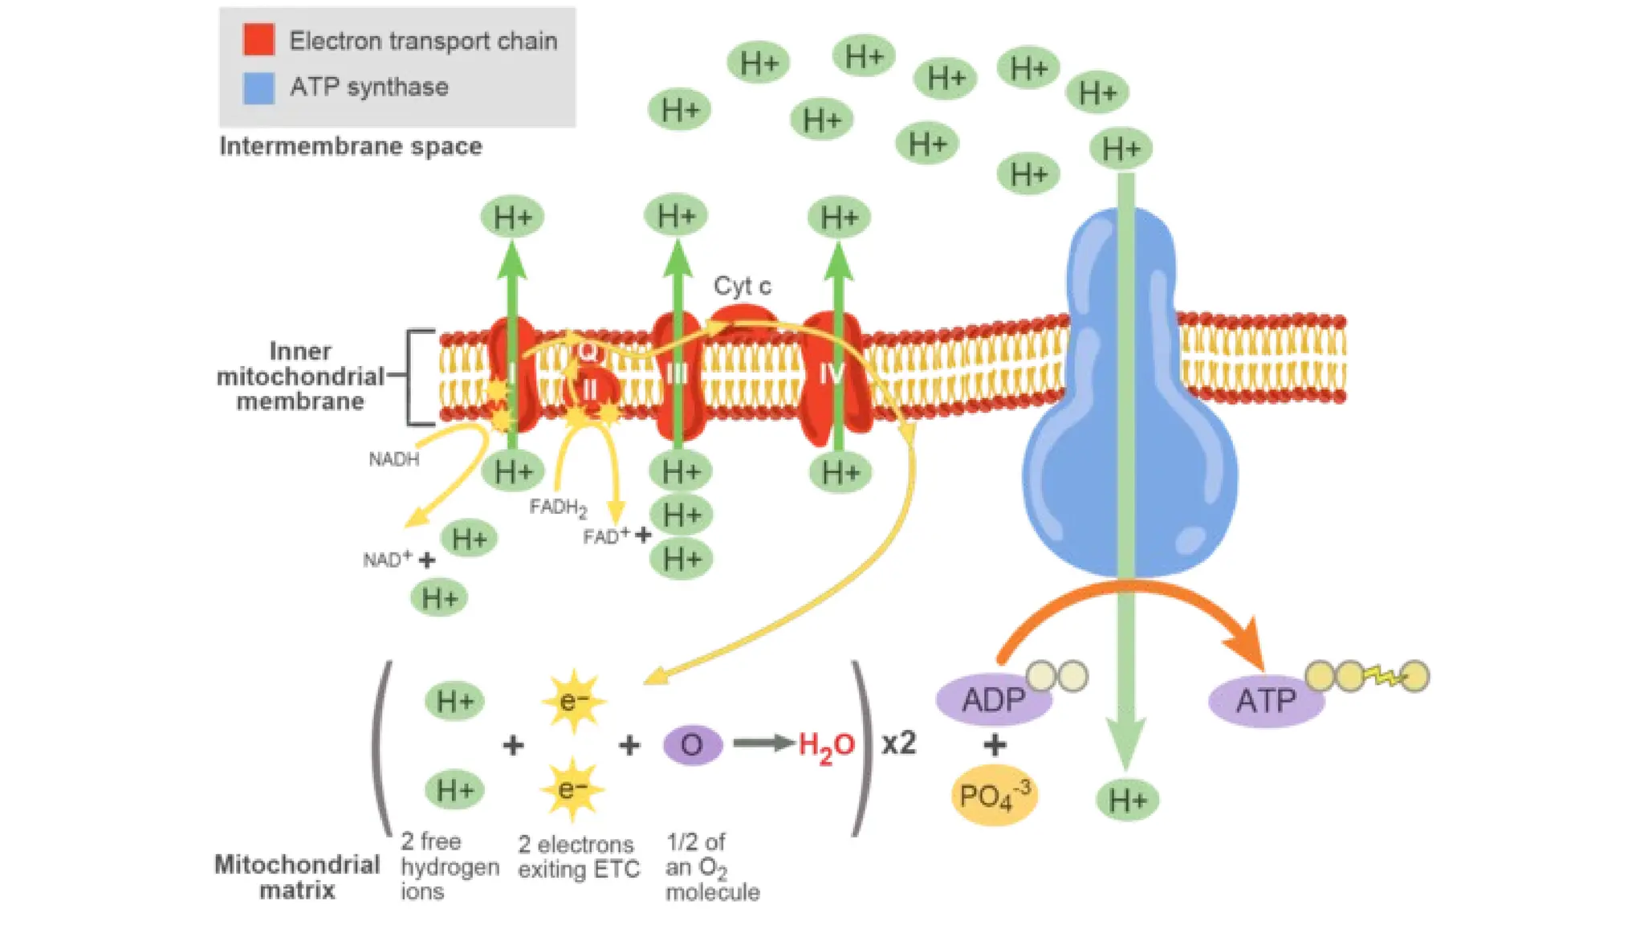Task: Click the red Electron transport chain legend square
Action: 258,39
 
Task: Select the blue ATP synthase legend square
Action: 258,88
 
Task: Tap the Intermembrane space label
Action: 351,146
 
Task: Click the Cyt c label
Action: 742,286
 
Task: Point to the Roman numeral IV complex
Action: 832,373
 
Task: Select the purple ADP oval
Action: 994,700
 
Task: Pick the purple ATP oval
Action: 1265,701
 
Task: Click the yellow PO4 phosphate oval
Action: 994,796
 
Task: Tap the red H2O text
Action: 826,746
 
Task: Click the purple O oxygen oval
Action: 692,745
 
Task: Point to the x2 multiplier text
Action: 898,744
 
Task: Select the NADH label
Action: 393,459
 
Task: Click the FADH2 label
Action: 558,507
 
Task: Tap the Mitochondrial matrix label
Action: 297,877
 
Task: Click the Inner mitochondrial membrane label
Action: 300,376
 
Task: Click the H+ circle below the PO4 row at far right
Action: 1127,800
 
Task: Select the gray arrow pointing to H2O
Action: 763,744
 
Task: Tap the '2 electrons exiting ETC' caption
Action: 578,857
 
